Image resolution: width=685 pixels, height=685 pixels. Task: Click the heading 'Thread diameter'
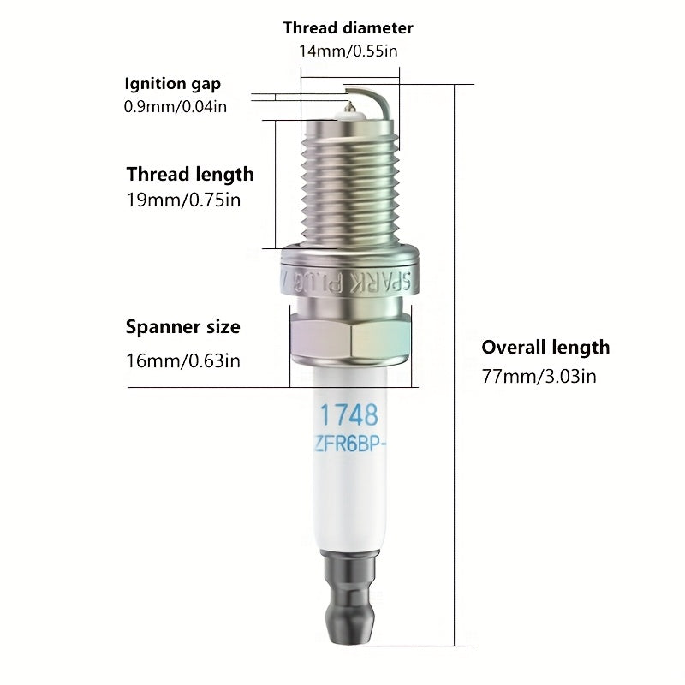click(x=348, y=28)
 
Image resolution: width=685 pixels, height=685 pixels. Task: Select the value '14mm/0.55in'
click(x=348, y=51)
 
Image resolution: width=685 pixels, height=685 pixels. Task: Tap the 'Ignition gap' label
click(x=173, y=84)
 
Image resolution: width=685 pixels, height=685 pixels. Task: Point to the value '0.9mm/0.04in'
click(x=176, y=106)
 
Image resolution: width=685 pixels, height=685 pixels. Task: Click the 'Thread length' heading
click(x=190, y=175)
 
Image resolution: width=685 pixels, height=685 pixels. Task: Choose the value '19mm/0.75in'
click(x=183, y=200)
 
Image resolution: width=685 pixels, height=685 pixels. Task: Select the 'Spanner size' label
click(x=182, y=327)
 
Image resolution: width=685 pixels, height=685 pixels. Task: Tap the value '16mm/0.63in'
click(x=183, y=360)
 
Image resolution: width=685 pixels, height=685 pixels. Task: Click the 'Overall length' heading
click(x=545, y=348)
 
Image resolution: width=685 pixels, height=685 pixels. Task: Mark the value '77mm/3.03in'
click(x=539, y=376)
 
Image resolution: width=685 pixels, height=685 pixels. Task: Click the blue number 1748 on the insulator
click(x=348, y=414)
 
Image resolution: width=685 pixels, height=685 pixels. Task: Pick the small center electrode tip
click(x=349, y=105)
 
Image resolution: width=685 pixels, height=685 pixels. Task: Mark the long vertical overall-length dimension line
click(x=455, y=365)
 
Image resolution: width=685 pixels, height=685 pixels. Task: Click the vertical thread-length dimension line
click(x=275, y=185)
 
